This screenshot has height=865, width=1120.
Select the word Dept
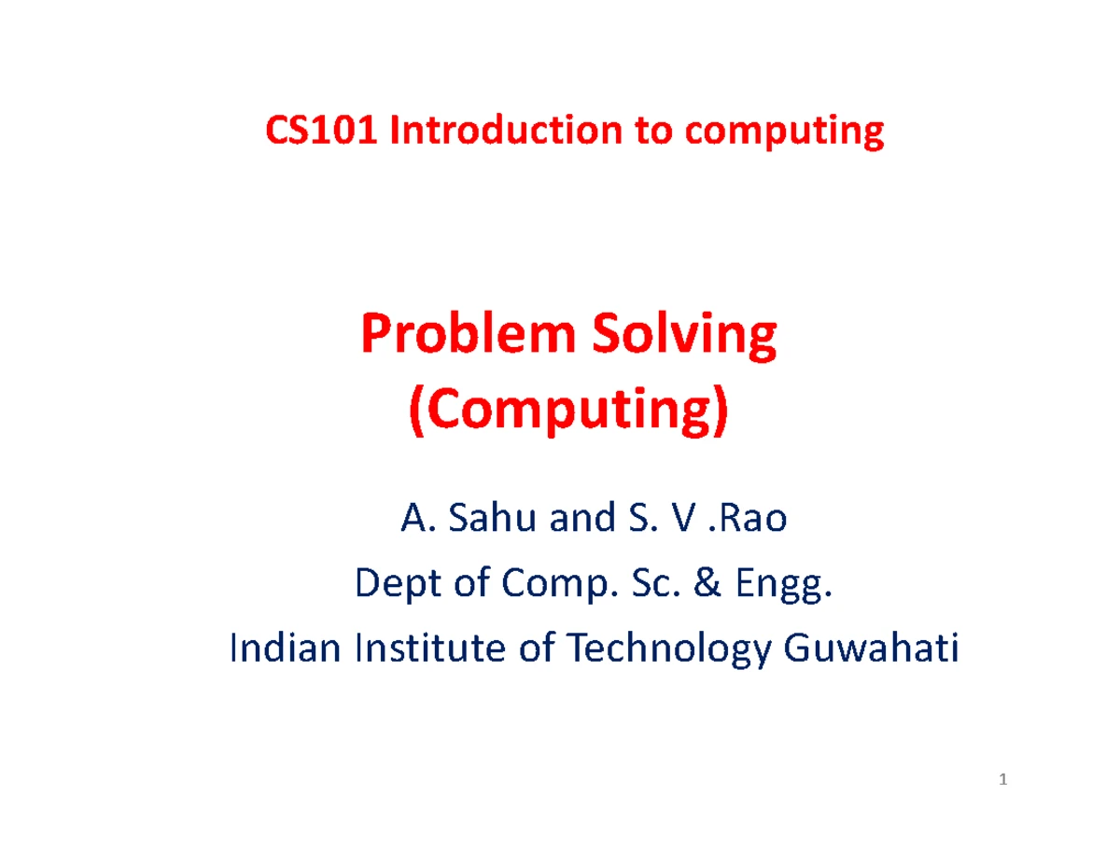(386, 586)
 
